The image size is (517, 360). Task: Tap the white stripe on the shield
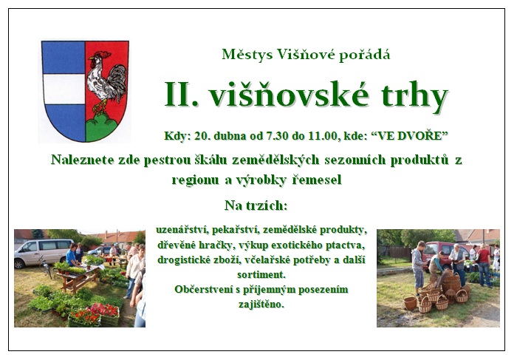click(x=64, y=89)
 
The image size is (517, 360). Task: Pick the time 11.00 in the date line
click(x=322, y=135)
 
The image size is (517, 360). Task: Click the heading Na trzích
click(x=256, y=206)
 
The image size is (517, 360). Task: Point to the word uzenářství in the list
click(x=182, y=230)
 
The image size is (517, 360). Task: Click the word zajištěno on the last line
click(x=261, y=304)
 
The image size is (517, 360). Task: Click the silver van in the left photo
click(x=43, y=253)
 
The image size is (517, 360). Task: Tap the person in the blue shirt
click(x=72, y=254)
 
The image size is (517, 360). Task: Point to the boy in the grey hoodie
click(x=418, y=268)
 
